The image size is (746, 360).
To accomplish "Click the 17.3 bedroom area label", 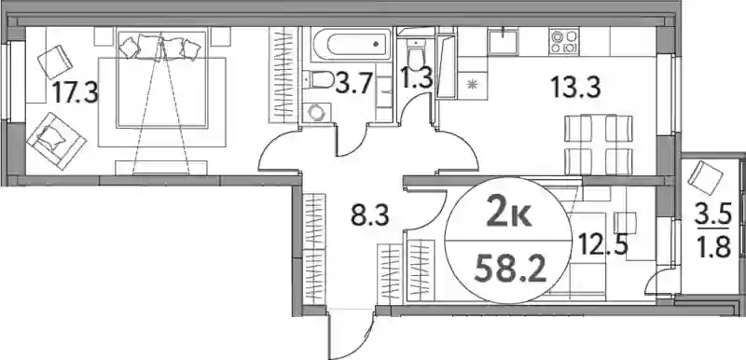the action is click(76, 91).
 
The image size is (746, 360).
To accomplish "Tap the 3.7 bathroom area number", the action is click(353, 84).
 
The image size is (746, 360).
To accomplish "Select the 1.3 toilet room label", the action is click(417, 79).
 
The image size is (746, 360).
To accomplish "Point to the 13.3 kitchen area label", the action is click(575, 87).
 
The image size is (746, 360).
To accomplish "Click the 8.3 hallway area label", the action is click(370, 215).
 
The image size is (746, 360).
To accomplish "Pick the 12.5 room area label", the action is click(603, 244).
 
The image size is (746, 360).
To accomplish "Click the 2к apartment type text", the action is click(508, 215).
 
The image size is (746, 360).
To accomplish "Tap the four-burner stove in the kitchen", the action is click(564, 41).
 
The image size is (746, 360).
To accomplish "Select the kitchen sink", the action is click(502, 40).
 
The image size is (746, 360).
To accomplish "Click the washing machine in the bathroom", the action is click(316, 113).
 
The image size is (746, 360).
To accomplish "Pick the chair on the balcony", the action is click(706, 178).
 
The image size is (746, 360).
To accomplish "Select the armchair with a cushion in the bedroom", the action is click(56, 140).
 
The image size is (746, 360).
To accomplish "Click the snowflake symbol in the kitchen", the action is click(472, 86).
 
